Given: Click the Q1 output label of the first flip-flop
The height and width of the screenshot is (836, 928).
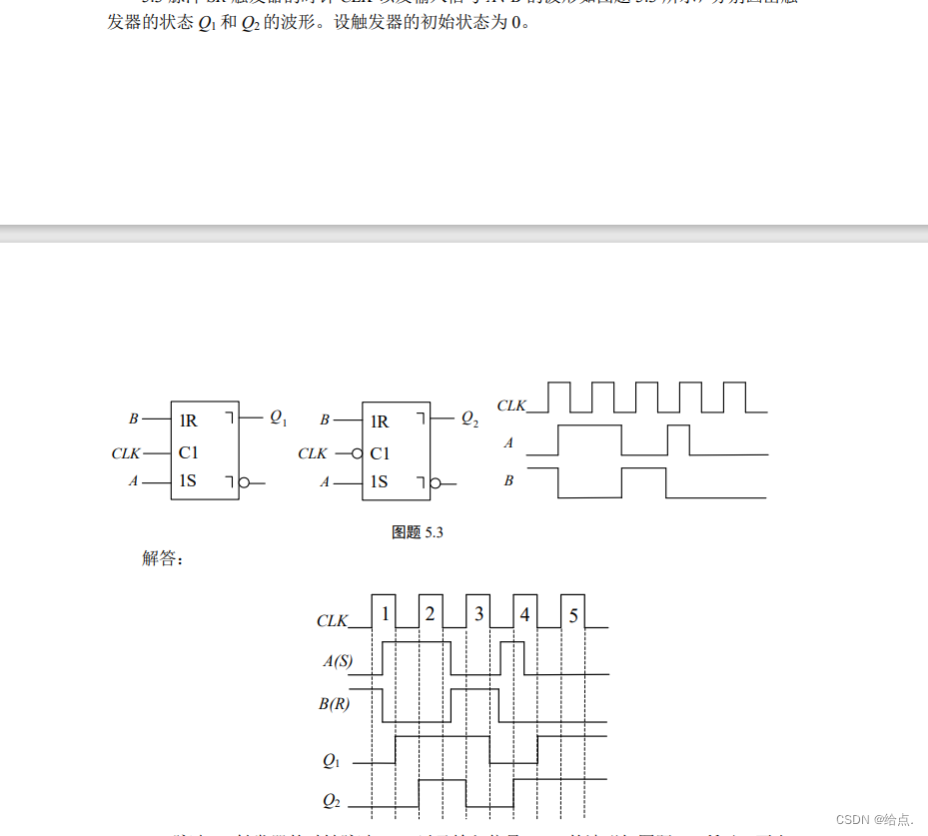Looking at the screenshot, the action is [x=278, y=418].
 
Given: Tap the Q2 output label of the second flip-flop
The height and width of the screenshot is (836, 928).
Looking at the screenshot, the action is [x=469, y=419].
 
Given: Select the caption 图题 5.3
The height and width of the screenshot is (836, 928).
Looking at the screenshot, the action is [x=417, y=532].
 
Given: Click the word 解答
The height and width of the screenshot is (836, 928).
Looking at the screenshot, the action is [x=163, y=558].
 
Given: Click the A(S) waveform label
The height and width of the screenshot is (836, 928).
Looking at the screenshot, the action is [x=337, y=661].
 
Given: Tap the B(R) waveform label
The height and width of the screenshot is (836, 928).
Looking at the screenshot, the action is [x=337, y=704].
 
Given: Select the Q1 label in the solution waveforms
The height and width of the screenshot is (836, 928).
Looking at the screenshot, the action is [x=332, y=761].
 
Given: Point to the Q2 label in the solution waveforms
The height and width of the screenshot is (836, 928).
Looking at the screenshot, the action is [x=332, y=800].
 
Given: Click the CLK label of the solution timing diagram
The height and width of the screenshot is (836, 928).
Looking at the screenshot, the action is [x=333, y=621].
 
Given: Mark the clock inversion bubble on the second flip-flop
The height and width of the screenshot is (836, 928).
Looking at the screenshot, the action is [x=358, y=453].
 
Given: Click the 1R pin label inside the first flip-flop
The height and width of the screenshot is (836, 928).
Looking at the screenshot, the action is [x=188, y=420].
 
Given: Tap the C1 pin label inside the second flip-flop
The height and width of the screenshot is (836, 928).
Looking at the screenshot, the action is [x=380, y=453].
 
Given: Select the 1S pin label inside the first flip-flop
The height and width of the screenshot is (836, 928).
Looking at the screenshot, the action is [x=188, y=481].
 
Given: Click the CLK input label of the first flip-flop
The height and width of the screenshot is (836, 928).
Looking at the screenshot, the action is [x=126, y=453].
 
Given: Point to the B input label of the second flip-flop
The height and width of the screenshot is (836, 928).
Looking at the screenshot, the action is [x=325, y=420].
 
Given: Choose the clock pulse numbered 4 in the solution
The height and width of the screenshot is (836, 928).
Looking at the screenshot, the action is [x=525, y=614].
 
